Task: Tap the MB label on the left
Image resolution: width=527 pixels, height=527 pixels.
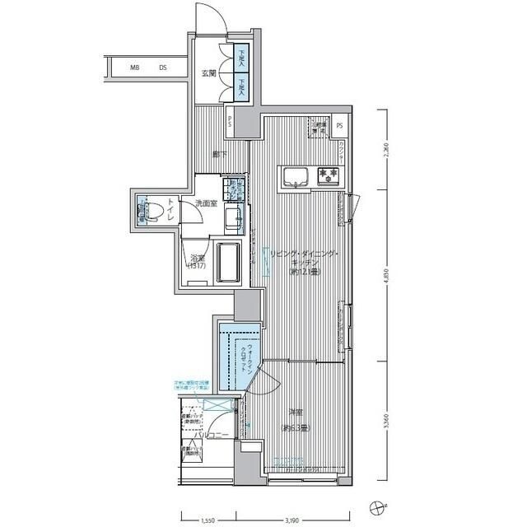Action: tap(134, 68)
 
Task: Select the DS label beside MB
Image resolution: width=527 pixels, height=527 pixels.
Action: tap(164, 68)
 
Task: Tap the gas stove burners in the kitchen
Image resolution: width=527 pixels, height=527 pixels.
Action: tap(329, 175)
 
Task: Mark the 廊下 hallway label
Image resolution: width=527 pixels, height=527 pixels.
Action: tap(219, 153)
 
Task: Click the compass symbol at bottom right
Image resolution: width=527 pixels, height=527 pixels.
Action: tap(377, 506)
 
